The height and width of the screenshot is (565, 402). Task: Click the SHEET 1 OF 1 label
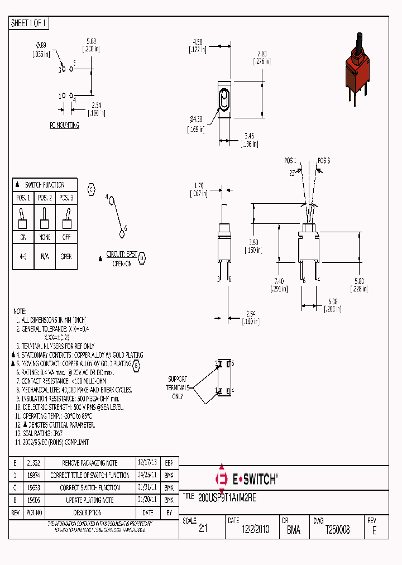pos(29,23)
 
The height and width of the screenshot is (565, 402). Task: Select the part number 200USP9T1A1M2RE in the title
pos(227,496)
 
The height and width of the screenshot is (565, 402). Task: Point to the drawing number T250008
pos(337,530)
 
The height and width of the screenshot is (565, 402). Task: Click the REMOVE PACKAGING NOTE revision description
pos(90,463)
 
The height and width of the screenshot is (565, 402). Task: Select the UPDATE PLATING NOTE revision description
pos(90,500)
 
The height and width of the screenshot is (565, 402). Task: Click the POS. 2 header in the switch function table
pos(45,198)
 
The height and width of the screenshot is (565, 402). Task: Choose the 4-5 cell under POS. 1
pos(23,257)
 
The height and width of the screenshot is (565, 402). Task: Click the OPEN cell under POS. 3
pos(66,257)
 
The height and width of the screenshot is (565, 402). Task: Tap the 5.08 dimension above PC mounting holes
pos(92,41)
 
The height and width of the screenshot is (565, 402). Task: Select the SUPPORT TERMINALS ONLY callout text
pos(177,387)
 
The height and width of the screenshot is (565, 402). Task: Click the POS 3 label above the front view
pos(324,160)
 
